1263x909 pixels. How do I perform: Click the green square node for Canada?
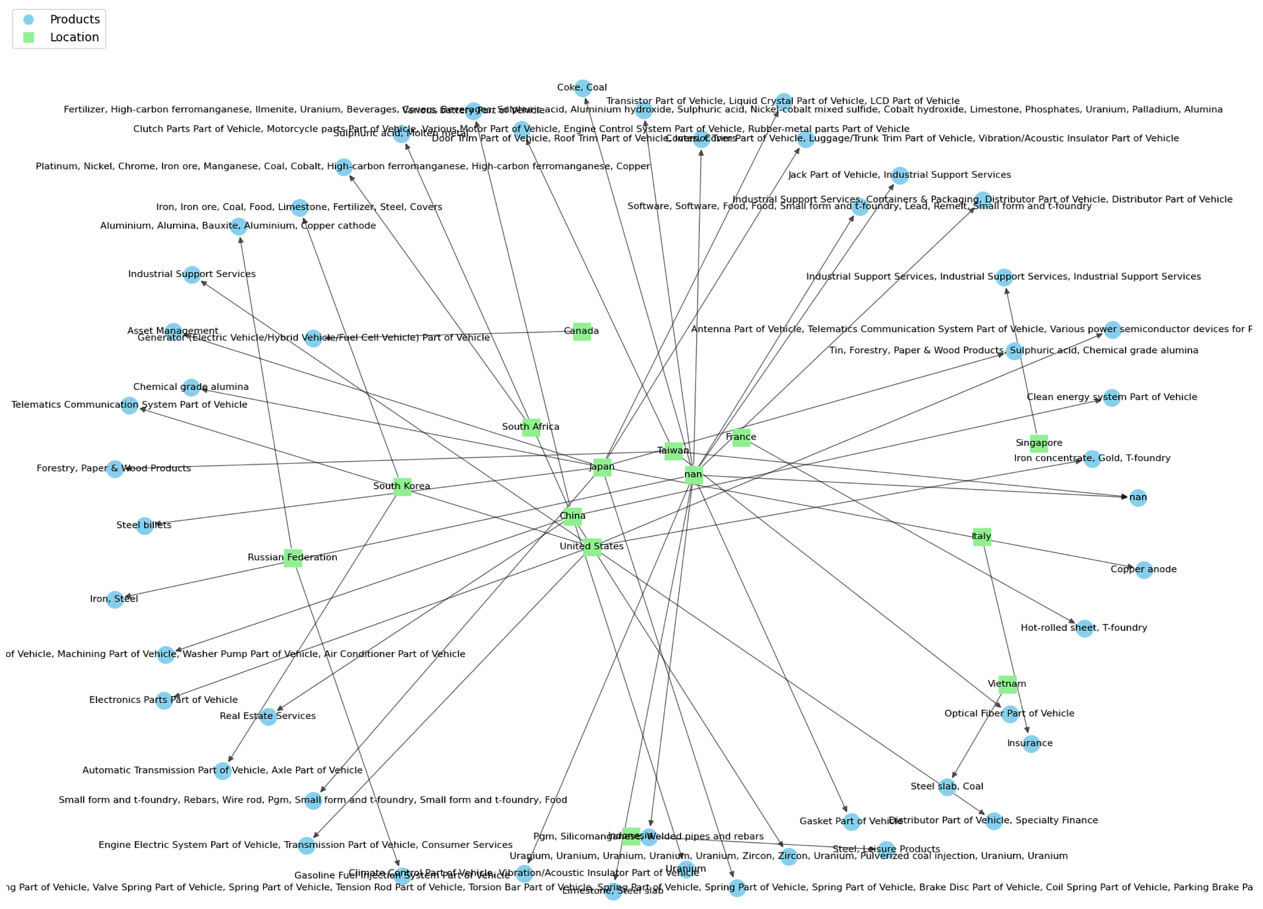click(582, 331)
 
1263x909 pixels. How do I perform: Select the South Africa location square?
click(531, 427)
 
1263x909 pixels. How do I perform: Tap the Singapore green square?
click(1039, 444)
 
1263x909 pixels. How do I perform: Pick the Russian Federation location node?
click(293, 558)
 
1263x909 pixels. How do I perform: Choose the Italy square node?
click(982, 537)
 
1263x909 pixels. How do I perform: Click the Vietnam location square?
click(1007, 684)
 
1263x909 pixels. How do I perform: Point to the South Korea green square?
click(402, 486)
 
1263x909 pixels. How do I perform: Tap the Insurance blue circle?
click(1031, 744)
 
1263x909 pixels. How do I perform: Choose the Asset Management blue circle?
click(173, 331)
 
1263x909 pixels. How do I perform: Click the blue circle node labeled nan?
click(1138, 498)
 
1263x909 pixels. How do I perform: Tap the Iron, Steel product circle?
click(115, 599)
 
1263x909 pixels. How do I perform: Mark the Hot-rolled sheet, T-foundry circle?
click(1084, 628)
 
